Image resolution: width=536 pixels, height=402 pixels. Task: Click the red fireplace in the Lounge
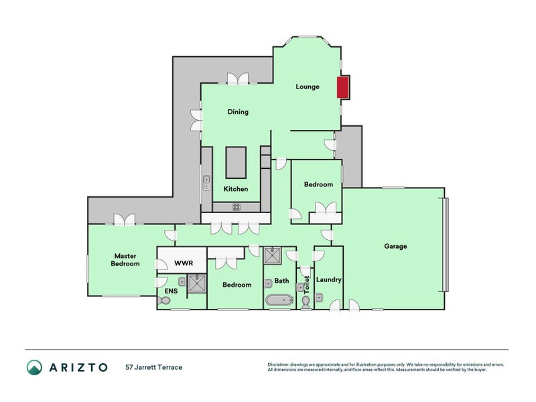tap(342, 87)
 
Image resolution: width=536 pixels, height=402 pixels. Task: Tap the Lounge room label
tap(308, 86)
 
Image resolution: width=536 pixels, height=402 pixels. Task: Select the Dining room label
tap(238, 112)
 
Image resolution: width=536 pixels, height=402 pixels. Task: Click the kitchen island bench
tap(235, 161)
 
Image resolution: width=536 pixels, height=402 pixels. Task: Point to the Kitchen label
tap(235, 189)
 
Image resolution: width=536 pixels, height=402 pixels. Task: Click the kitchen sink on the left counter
tap(207, 180)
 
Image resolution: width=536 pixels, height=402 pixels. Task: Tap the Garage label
tap(395, 246)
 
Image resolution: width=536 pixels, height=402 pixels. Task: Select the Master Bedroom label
tap(126, 259)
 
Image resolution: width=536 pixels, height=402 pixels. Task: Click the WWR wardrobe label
tap(184, 263)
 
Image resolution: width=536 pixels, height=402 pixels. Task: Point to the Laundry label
tap(328, 279)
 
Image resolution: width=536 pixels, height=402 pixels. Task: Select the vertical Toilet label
tap(307, 285)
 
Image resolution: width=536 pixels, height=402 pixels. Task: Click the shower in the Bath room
tap(273, 255)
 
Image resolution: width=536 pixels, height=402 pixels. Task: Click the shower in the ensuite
tap(196, 284)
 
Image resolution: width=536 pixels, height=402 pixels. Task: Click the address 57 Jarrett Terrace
tap(153, 367)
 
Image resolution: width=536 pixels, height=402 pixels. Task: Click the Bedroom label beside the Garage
tap(318, 185)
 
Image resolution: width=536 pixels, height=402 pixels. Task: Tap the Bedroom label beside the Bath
tap(237, 285)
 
